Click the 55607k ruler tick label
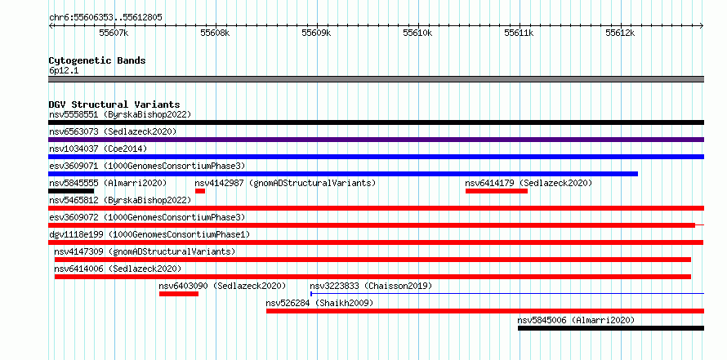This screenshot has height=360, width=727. click(114, 33)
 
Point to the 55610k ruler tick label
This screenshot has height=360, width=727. click(417, 33)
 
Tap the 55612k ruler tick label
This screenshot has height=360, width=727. click(620, 33)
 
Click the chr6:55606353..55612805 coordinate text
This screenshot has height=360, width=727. click(105, 18)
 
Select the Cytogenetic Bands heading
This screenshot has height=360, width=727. click(97, 60)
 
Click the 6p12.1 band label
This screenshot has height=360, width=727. click(63, 71)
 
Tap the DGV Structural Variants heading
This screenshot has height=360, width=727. click(114, 104)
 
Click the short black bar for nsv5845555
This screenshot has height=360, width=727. click(71, 191)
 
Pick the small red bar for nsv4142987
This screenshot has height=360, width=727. click(200, 191)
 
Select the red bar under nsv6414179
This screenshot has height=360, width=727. click(497, 191)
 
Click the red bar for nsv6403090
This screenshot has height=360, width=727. click(179, 294)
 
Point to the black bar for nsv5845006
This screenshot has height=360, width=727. click(611, 328)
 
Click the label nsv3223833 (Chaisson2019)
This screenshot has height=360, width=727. click(371, 286)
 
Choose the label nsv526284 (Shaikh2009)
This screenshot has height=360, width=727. click(319, 303)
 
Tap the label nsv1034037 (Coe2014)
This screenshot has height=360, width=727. click(98, 149)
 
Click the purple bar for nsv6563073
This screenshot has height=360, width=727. click(377, 140)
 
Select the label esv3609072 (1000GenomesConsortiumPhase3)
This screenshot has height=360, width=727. click(147, 217)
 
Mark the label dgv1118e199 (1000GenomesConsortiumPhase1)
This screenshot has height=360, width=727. click(149, 234)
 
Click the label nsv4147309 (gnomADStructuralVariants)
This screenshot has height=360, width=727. click(145, 251)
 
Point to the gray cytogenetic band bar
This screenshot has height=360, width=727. click(377, 79)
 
